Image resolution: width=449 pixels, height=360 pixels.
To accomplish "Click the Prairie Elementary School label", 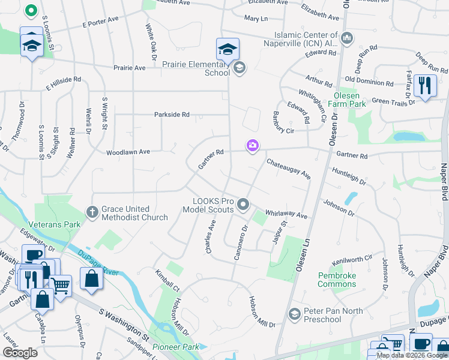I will pos(196,68).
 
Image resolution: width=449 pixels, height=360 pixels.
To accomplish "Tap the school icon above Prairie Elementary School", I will pos(228,49).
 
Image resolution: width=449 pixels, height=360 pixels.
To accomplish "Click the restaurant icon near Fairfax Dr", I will pos(425,85).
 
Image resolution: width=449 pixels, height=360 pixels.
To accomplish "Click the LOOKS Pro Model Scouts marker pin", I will pos(243,205).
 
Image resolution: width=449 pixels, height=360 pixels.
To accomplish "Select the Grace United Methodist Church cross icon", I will pos(92,212).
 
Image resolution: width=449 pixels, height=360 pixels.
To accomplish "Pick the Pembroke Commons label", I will pos(337,280).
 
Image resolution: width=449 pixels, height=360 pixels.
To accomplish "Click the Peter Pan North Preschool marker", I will pos(294,314).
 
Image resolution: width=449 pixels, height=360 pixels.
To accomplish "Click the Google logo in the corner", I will pos(20,352).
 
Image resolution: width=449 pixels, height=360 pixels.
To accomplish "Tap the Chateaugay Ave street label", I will pos(288,169).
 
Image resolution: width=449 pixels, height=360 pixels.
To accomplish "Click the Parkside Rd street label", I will pos(172,114).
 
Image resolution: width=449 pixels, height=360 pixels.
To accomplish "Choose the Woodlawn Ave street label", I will pos(128,152).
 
